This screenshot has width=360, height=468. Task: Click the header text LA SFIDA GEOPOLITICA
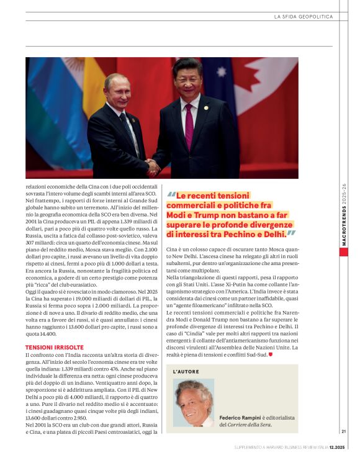303,17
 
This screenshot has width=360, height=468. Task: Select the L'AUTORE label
186,371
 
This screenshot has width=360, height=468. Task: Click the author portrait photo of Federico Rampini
194,403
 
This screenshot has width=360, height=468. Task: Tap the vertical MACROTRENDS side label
343,217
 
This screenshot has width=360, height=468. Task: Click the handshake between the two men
151,166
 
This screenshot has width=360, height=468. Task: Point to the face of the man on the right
187,79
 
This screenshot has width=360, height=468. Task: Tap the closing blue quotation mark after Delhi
290,234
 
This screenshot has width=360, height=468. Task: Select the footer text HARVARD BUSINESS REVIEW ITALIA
287,447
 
